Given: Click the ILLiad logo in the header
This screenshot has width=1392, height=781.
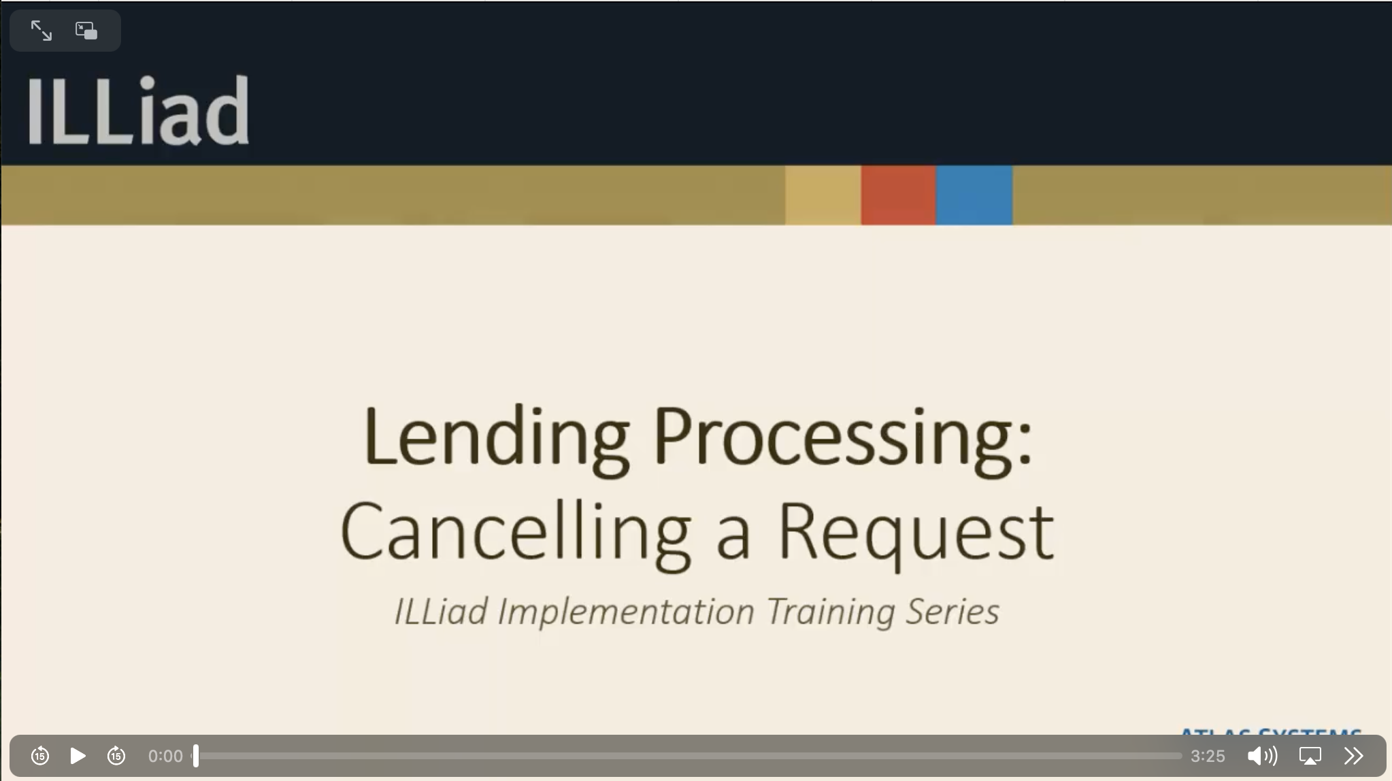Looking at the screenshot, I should point(138,110).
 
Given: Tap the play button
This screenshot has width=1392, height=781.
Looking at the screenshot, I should point(78,756).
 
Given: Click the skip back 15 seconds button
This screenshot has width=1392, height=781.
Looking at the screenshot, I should point(40,756).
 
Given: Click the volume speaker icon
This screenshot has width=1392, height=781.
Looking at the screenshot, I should point(1261,756).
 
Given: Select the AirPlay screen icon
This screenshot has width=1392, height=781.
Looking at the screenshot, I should point(1310,756).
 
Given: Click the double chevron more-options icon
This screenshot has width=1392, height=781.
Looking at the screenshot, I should point(1353,756).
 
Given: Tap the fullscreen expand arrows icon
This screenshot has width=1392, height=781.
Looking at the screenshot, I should point(42,31).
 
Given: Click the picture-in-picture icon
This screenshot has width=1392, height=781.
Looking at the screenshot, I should point(86,31).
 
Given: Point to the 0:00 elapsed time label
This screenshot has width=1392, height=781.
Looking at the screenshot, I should point(165,756).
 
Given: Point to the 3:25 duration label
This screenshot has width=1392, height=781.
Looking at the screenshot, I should point(1208,756).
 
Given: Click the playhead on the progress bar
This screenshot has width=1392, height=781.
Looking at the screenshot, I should point(196,756).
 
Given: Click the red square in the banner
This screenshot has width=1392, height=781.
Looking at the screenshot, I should point(898,195).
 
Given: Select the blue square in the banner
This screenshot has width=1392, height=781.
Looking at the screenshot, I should point(974,195).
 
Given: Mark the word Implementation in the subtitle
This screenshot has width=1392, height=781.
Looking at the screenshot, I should point(626,611).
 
